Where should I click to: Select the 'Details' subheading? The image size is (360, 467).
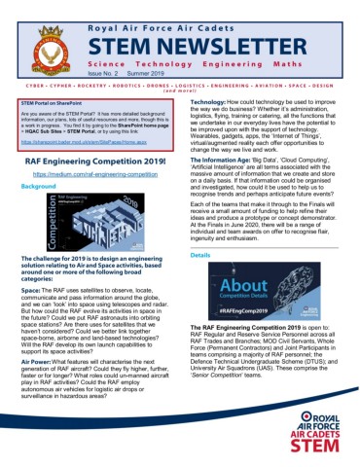click(x=200, y=255)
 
